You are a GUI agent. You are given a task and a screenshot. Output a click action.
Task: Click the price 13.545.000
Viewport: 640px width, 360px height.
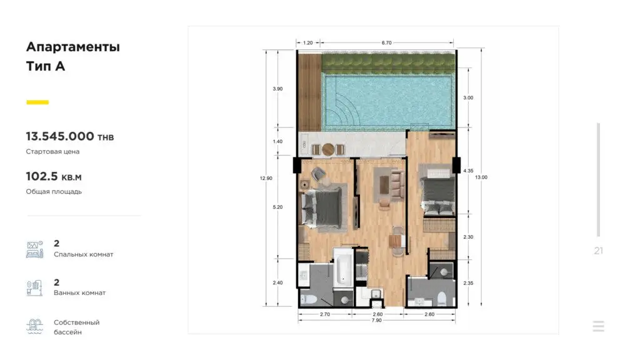coord(60,136)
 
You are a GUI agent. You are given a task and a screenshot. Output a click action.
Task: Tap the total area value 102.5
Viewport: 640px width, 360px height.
coord(42,176)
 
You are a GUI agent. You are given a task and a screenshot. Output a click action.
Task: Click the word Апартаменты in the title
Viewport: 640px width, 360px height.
coord(73,47)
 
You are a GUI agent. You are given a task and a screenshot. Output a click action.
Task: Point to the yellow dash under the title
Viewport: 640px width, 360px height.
coord(37,102)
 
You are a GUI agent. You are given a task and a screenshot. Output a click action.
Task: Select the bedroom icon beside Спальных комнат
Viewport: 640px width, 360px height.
coord(35,249)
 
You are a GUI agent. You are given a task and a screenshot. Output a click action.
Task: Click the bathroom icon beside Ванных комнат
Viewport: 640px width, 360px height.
coord(35,287)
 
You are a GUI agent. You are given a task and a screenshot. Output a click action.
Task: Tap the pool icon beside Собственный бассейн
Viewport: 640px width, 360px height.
coord(35,326)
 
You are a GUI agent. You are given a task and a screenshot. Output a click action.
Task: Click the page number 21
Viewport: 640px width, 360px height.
coord(598,251)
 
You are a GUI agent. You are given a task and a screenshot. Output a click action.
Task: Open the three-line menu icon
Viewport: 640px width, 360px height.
coord(598,326)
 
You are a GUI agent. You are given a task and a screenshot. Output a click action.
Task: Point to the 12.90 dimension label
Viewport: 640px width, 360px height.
coord(266,178)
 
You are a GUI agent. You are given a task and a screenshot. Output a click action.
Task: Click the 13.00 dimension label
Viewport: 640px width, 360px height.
coord(481,177)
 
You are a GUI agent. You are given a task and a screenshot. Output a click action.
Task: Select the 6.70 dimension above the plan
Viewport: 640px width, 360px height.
coord(386,42)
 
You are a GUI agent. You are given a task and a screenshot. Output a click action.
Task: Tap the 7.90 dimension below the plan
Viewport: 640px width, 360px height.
coord(377,321)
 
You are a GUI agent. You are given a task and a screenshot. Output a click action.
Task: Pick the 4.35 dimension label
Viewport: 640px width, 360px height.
coord(468,171)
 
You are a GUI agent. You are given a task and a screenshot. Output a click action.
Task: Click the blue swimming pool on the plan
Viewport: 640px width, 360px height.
coord(388,101)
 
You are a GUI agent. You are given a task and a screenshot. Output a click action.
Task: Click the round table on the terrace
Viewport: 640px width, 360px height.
coord(328,149)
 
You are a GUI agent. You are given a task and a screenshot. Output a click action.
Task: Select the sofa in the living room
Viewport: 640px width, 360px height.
coord(397,184)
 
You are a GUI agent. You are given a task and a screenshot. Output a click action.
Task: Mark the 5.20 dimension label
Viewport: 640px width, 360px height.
coord(277,207)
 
